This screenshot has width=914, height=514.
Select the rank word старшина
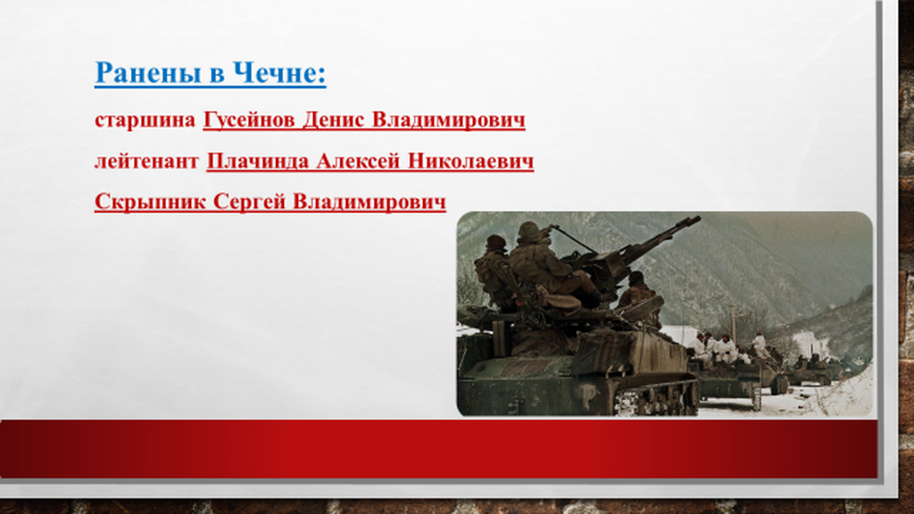pos(145,120)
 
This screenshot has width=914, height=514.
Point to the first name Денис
pos(334,120)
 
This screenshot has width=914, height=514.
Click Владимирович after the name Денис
pos(448,120)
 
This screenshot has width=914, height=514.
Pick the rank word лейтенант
pos(146,161)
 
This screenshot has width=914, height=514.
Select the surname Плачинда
pos(258,161)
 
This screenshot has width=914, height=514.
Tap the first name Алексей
pos(358,161)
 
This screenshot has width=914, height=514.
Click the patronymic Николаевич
pos(470,161)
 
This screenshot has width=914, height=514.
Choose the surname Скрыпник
pos(150,202)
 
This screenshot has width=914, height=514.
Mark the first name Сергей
pos(249,202)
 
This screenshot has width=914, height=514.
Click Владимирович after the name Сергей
pos(369,202)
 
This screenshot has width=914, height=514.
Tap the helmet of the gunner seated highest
pos(528,230)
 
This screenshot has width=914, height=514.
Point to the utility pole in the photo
pos(734,324)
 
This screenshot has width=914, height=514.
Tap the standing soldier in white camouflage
pos(759,345)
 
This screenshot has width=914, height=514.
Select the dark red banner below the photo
pos(438,450)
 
